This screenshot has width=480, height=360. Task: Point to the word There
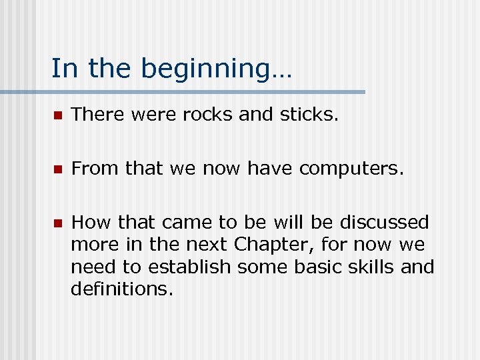[94, 115]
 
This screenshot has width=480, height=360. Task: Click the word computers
[351, 169]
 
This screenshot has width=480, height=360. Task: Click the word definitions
[122, 290]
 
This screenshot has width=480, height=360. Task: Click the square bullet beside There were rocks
[57, 115]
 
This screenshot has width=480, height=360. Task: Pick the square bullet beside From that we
[57, 169]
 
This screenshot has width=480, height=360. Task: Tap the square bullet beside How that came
[57, 223]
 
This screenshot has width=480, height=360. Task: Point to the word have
[270, 169]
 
